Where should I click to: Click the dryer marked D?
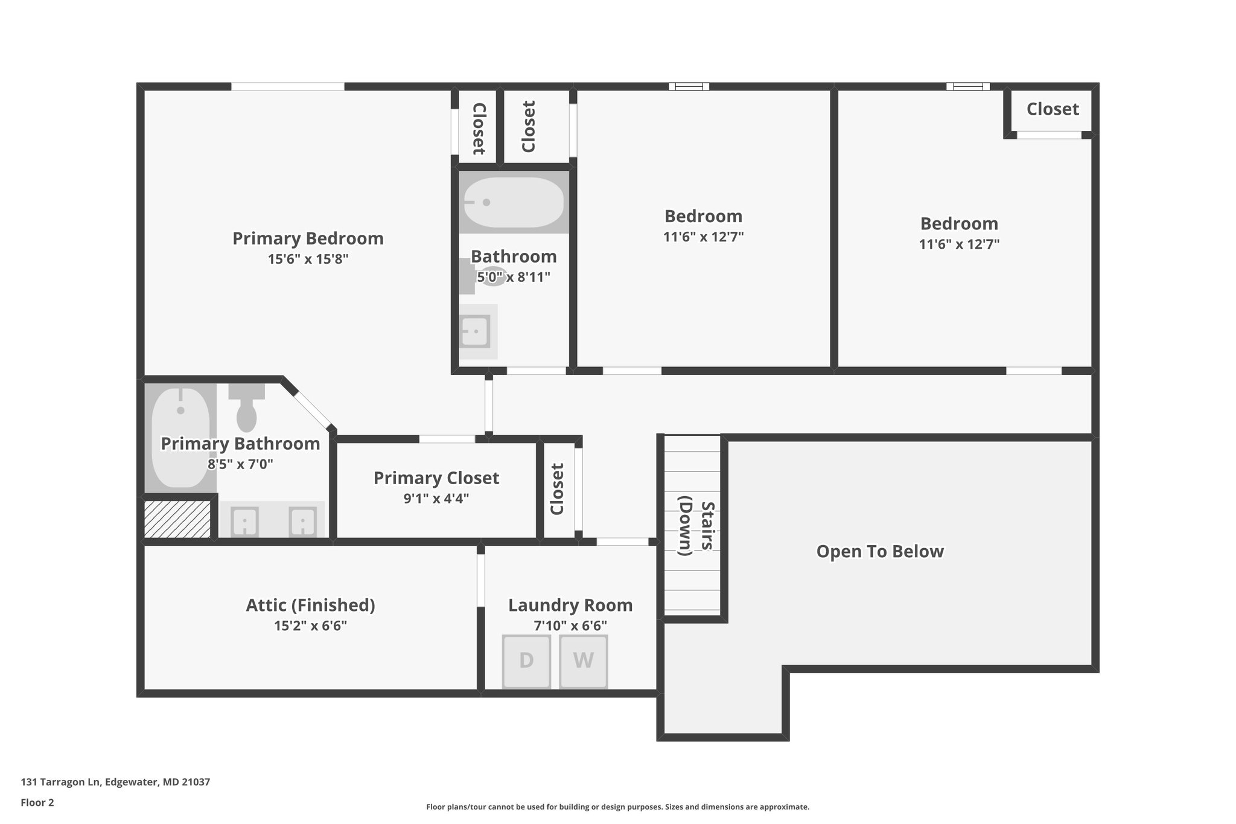(526, 661)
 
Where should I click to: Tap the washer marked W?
(583, 661)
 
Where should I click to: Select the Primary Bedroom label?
(308, 238)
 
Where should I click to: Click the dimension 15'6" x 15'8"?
(308, 260)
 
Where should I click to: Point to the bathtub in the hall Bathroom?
(514, 202)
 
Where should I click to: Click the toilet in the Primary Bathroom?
(246, 408)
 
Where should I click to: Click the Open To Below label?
(879, 551)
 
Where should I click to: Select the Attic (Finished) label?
(310, 605)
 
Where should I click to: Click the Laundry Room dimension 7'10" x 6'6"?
(570, 626)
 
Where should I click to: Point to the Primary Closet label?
(436, 478)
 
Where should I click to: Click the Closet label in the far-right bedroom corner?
(1052, 109)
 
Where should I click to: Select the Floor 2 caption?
(37, 802)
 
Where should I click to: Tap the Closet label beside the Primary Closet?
(557, 489)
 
